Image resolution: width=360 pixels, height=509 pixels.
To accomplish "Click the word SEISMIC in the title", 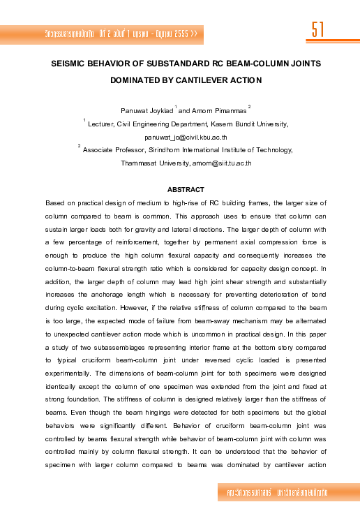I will pos(72,63).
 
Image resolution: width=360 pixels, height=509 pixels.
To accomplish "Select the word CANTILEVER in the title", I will pos(202,80).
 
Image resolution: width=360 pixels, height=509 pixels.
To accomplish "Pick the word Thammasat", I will pos(137,163).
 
